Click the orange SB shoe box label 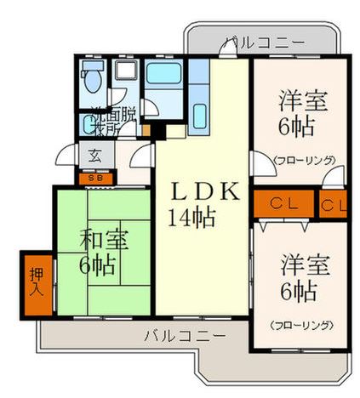tap(94, 179)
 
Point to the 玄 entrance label tap(94, 156)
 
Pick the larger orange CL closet tap(283, 205)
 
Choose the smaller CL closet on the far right tap(333, 205)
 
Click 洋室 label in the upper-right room tap(299, 99)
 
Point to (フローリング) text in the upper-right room tap(303, 159)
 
